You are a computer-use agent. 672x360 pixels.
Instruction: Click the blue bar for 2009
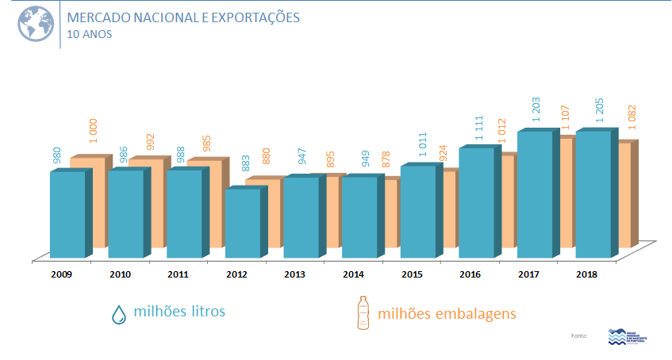click(67, 214)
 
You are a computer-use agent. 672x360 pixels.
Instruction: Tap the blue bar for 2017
click(534, 194)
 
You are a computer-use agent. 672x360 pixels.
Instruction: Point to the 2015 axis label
click(412, 274)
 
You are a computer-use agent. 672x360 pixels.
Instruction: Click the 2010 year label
click(120, 274)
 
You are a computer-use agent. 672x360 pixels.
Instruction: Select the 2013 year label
click(295, 274)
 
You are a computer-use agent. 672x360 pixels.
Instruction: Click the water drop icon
click(118, 314)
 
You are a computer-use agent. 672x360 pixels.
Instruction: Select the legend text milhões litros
click(179, 312)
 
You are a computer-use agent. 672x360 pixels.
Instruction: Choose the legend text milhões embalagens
click(447, 313)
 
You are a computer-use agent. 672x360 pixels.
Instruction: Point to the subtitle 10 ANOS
click(90, 34)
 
